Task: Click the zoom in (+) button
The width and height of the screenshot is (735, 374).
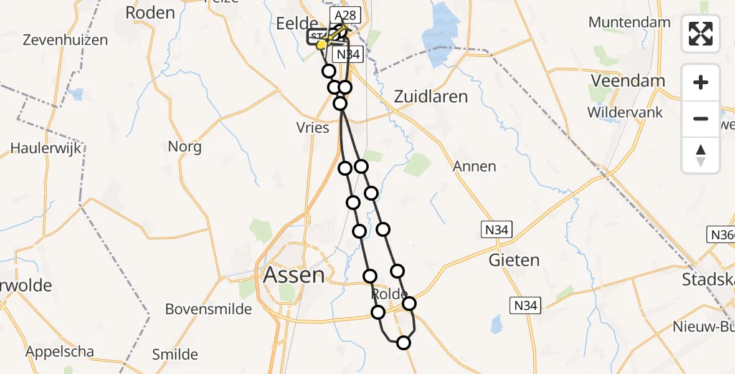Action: coord(701,82)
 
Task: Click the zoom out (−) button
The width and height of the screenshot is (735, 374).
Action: coord(701,118)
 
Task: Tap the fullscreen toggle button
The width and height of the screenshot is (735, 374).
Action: coord(701,34)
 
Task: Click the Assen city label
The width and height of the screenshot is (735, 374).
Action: coord(294,275)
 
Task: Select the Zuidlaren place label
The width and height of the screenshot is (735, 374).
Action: coord(430,97)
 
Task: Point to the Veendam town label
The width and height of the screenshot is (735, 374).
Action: coord(628,81)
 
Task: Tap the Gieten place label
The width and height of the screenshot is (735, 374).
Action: coord(514,259)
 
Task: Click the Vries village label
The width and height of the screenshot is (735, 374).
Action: coord(313,128)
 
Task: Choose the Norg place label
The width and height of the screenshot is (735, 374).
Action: coord(185,147)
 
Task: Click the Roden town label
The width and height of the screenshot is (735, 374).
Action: coord(149,12)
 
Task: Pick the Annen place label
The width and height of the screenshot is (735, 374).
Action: coord(475,166)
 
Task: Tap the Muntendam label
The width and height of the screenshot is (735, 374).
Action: coord(629,22)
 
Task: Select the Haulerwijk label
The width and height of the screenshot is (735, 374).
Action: coord(42,148)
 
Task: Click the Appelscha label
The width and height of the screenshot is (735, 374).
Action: coord(60,352)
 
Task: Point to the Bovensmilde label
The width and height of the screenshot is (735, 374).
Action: coord(209,309)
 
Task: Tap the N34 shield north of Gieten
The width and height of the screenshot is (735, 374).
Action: coord(496,230)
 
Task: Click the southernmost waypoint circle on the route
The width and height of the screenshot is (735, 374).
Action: coord(404,342)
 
